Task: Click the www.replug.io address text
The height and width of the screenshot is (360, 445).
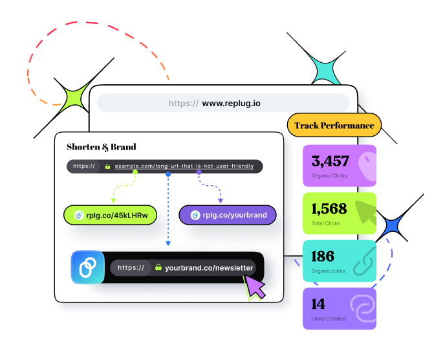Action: click(x=231, y=103)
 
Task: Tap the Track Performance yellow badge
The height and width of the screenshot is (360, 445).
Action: click(x=334, y=126)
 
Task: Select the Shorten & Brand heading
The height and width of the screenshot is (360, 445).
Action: click(x=102, y=147)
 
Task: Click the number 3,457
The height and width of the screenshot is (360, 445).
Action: click(x=330, y=161)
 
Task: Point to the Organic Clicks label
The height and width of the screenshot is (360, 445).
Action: click(x=330, y=175)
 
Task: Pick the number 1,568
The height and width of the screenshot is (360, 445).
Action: click(x=329, y=208)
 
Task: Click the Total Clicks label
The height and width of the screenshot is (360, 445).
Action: click(x=327, y=223)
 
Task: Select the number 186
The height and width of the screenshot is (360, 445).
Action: click(x=323, y=256)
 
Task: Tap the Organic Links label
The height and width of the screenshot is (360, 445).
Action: click(x=329, y=271)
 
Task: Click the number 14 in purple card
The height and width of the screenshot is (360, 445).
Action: click(x=318, y=304)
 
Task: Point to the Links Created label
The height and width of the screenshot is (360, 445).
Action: click(x=329, y=319)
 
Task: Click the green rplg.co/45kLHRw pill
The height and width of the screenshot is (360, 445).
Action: click(x=111, y=215)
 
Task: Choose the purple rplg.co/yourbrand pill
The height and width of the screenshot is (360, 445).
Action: click(x=228, y=215)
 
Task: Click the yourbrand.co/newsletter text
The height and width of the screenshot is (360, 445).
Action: click(x=210, y=267)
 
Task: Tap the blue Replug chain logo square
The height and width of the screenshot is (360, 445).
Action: click(x=87, y=267)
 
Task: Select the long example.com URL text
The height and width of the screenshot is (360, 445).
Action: click(x=184, y=166)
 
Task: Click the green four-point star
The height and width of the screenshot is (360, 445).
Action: click(x=74, y=98)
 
